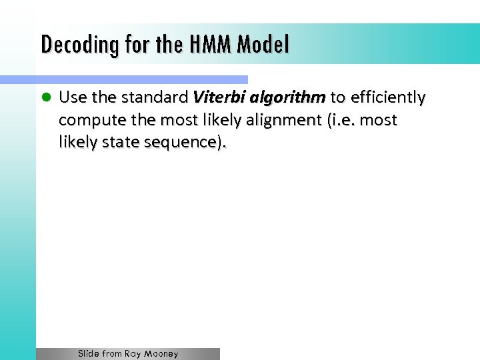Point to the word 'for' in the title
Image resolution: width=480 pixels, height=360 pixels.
126,45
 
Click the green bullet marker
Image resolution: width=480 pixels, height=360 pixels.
46,98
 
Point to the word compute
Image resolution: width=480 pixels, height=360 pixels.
87,121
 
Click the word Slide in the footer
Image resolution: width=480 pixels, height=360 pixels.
89,354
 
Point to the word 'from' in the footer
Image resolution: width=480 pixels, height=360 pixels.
112,354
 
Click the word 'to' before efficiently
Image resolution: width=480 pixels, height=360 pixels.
338,98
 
